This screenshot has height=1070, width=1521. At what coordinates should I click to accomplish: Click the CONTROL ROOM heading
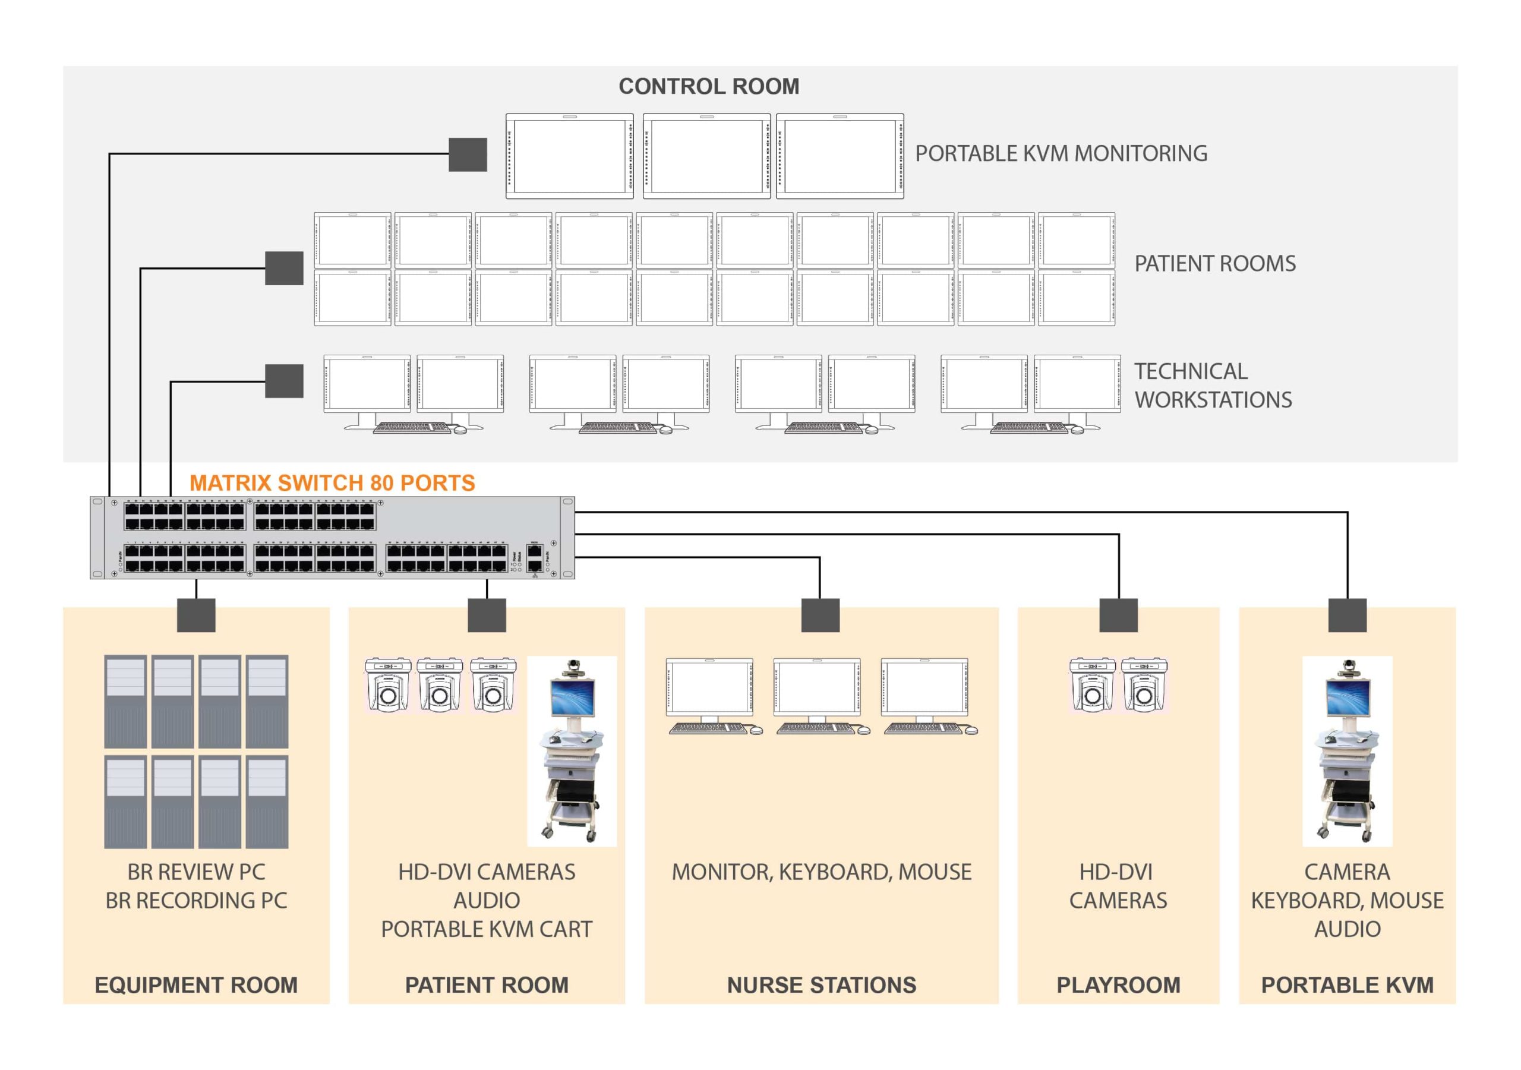708,86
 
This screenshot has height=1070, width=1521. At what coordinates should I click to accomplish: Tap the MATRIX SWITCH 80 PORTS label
332,482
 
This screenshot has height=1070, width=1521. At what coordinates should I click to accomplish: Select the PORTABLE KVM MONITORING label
1061,154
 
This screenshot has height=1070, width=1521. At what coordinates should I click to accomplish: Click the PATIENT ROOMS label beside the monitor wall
1214,264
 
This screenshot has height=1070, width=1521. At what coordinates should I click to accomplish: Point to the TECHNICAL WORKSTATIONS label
1212,386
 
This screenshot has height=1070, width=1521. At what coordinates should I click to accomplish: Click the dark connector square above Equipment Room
196,615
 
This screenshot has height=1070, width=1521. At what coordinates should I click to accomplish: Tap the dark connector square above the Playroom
1118,615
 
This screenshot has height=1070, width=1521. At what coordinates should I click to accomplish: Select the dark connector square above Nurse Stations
820,615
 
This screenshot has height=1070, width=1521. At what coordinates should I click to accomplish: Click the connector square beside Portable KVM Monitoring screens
468,154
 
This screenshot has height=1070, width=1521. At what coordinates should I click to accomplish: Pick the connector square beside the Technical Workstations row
284,381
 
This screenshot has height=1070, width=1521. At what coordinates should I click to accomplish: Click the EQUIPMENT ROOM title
196,985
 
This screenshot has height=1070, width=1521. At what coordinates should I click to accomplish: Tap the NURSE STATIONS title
822,985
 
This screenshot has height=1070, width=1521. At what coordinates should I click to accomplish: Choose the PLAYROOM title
1118,985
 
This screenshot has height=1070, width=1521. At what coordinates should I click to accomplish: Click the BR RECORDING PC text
196,901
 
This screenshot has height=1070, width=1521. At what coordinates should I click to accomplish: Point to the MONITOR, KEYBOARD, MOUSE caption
822,872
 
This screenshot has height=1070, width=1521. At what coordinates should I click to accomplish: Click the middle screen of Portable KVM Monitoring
706,156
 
